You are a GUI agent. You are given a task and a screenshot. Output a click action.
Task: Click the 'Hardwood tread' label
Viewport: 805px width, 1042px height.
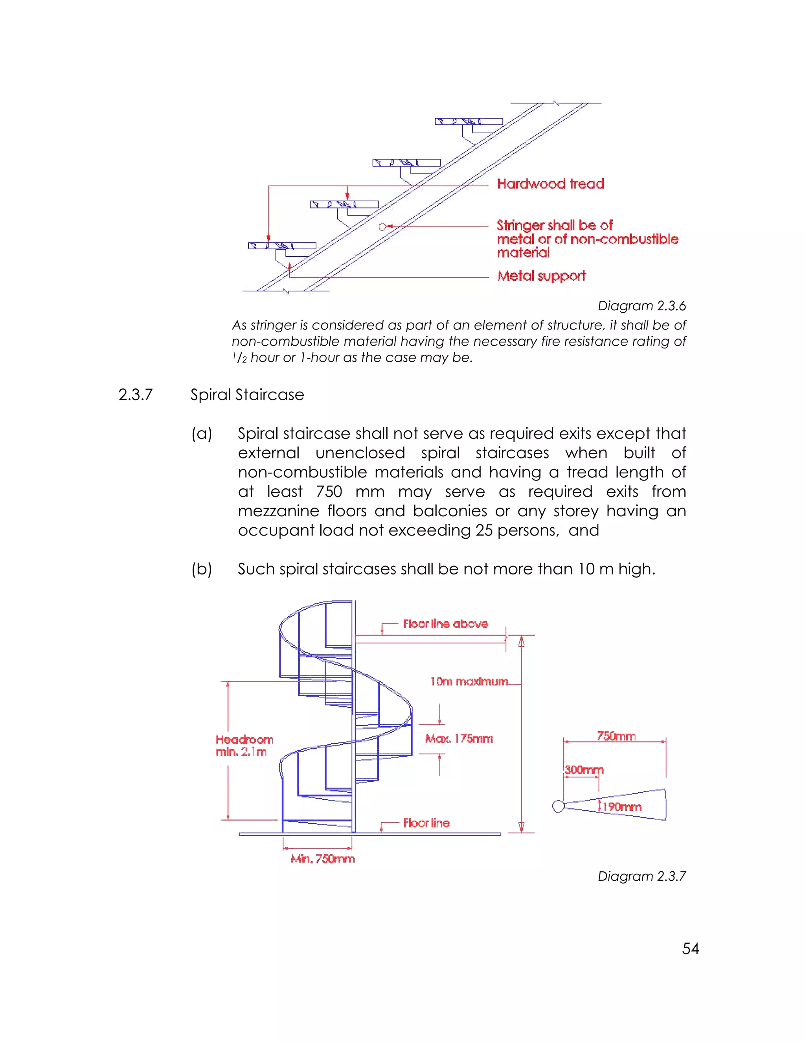550,184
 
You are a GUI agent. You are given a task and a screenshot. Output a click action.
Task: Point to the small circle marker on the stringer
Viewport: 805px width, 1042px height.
382,227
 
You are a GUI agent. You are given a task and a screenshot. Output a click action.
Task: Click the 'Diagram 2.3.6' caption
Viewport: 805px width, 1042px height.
641,306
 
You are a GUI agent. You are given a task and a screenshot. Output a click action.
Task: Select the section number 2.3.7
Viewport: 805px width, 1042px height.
136,394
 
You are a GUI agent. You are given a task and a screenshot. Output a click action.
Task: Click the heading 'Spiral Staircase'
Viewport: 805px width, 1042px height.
247,394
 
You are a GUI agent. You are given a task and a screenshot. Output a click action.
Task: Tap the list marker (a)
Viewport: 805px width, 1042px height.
202,434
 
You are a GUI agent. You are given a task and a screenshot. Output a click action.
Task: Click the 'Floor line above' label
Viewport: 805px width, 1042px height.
445,624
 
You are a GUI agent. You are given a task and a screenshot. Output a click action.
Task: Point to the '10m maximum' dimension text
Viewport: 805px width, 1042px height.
469,681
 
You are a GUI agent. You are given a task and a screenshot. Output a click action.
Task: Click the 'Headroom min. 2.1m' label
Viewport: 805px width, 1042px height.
244,746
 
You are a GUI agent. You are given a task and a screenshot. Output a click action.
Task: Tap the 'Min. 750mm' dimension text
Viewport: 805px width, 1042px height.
323,859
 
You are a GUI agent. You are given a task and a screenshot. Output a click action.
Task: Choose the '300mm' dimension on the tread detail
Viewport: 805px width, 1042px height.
584,770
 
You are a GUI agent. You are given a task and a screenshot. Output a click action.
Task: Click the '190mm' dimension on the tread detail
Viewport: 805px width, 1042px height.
622,807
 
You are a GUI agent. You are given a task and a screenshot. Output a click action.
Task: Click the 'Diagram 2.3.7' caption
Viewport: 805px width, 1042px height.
641,876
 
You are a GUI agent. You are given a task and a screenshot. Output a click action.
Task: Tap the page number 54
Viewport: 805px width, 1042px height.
691,948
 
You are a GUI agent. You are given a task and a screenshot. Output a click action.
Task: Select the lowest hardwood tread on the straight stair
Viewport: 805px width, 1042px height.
282,246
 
